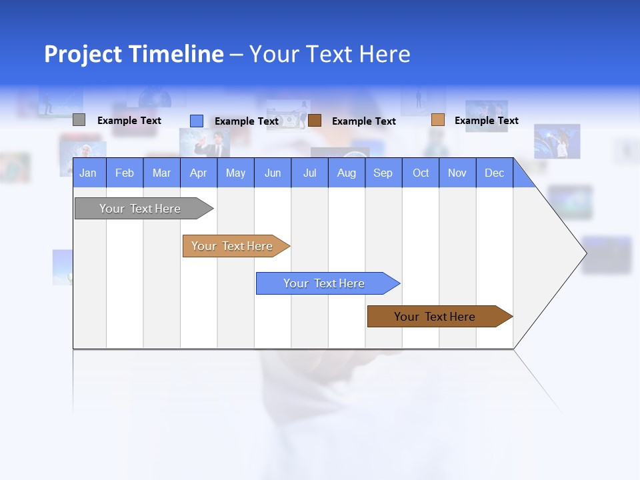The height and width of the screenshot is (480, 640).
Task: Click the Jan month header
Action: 89,173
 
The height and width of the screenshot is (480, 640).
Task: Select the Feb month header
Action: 125,173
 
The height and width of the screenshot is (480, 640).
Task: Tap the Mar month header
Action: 161,173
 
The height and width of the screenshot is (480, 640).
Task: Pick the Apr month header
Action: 199,173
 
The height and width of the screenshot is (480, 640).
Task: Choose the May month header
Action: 235,173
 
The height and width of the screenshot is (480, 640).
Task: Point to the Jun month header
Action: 273,173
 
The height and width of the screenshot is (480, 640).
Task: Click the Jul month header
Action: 309,173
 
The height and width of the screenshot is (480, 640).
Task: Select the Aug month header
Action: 347,173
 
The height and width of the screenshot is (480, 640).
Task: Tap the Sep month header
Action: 383,173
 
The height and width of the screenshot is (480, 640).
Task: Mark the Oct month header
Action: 421,173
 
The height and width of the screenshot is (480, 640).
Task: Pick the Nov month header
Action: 457,173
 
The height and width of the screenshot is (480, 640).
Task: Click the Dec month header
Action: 495,173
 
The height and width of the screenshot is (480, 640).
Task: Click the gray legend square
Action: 79,120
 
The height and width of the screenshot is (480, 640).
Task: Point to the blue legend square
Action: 197,121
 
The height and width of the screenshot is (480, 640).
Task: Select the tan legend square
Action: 437,120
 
